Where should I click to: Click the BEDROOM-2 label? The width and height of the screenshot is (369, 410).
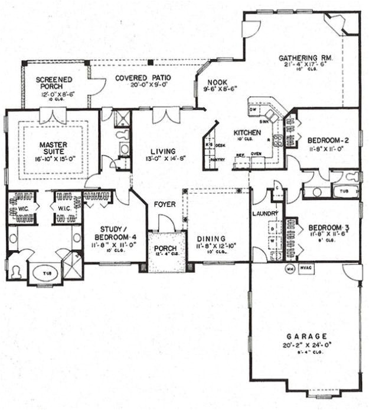pos(329,140)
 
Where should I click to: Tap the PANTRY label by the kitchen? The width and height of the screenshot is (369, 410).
pos(217,159)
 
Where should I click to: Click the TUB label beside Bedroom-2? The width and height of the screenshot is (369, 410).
pos(346,191)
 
